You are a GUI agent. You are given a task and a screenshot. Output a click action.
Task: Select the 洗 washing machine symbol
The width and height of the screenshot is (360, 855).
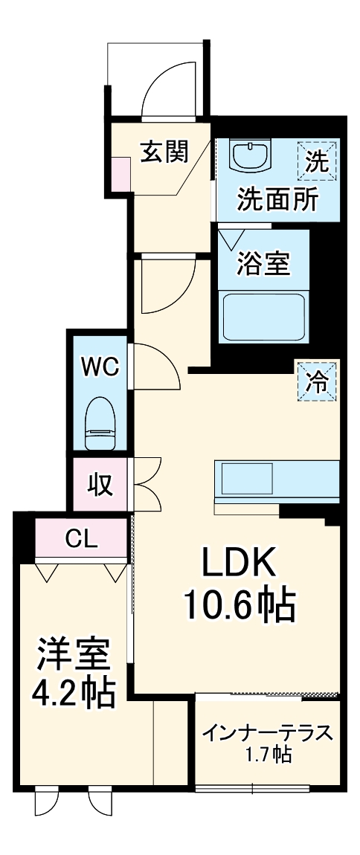coord(318,161)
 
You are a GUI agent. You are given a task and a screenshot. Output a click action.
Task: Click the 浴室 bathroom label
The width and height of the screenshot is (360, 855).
coord(264,263)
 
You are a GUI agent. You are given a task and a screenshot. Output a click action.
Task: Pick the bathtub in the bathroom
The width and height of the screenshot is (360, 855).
coord(264,316)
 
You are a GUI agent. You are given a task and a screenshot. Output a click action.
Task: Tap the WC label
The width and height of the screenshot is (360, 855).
coord(100,367)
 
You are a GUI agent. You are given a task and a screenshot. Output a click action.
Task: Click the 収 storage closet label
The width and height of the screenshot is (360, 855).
coord(100,484)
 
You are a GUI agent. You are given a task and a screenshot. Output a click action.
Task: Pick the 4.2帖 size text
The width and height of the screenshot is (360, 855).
coord(73,693)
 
